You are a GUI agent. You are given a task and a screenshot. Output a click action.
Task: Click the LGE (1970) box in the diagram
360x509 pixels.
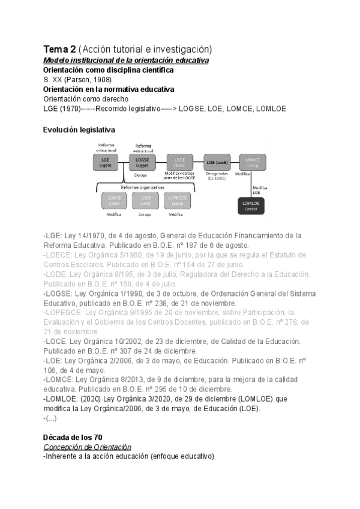[x=106, y=161]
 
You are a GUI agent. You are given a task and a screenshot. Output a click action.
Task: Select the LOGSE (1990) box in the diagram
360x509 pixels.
[x=142, y=161]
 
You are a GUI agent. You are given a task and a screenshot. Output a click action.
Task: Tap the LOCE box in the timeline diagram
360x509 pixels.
[x=179, y=161]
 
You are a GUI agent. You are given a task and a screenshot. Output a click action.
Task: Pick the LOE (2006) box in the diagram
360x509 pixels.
[x=217, y=162]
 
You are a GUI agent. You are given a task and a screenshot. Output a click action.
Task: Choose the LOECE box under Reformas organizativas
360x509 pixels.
[x=114, y=200]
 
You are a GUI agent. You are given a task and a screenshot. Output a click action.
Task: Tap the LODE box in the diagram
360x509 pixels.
[x=145, y=200]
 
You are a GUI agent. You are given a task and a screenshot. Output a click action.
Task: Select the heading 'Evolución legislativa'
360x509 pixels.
[x=79, y=130]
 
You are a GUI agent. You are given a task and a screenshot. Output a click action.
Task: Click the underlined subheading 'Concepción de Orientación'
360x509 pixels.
[x=88, y=447]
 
